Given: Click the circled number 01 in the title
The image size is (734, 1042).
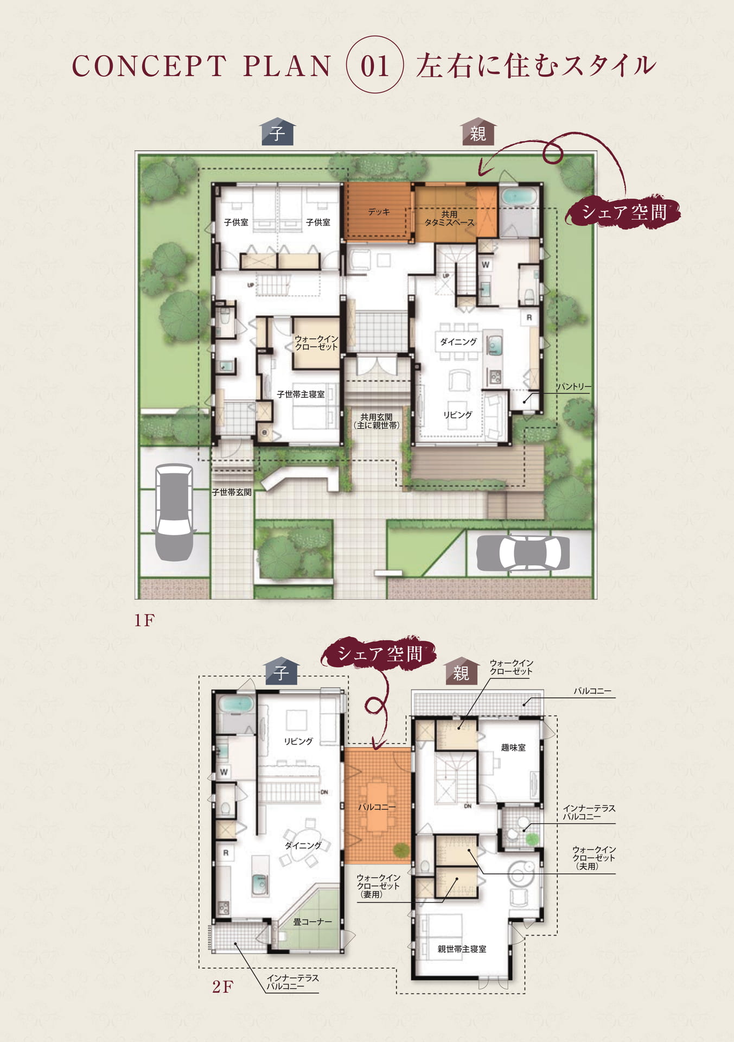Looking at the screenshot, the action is (375, 66).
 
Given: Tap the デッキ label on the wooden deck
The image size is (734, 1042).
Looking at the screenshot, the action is (379, 212).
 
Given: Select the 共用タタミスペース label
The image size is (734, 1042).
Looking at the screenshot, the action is (449, 218).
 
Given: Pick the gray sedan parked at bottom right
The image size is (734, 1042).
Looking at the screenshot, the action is (523, 553).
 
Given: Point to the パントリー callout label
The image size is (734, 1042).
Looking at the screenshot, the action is (574, 386).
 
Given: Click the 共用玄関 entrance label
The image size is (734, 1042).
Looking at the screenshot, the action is (376, 421).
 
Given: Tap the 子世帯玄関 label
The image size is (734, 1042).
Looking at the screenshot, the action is (232, 492).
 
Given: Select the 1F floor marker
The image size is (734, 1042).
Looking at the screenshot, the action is (144, 620).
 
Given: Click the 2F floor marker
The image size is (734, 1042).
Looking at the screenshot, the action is (222, 986).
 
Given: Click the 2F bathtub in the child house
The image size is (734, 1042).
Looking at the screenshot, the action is (235, 704).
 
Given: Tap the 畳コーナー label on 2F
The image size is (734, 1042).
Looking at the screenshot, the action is (312, 922).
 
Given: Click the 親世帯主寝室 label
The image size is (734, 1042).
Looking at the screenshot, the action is (462, 949).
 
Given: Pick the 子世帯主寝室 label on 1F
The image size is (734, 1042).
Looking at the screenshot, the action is (301, 394).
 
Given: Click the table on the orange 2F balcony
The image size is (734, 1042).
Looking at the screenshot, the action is (377, 807).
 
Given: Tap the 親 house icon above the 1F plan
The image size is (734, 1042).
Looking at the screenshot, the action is (478, 132).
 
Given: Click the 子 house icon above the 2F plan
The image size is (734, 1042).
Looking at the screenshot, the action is (280, 672).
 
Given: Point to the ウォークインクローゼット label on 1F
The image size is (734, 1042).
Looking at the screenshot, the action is (316, 342).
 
